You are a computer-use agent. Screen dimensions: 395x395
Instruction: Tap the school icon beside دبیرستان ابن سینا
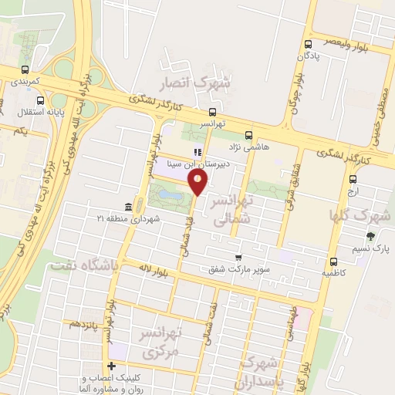tap(197, 152)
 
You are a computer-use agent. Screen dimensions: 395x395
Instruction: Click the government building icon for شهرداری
tap(127, 207)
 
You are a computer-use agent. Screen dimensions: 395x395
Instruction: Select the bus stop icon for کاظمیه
tap(333, 261)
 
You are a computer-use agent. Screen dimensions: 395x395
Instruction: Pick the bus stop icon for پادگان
tap(309, 44)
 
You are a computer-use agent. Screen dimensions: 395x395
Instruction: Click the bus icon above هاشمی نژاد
tap(248, 134)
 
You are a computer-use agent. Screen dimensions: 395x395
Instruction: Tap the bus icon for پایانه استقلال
tap(40, 100)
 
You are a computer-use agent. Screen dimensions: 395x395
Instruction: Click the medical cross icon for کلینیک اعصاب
tap(112, 365)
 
